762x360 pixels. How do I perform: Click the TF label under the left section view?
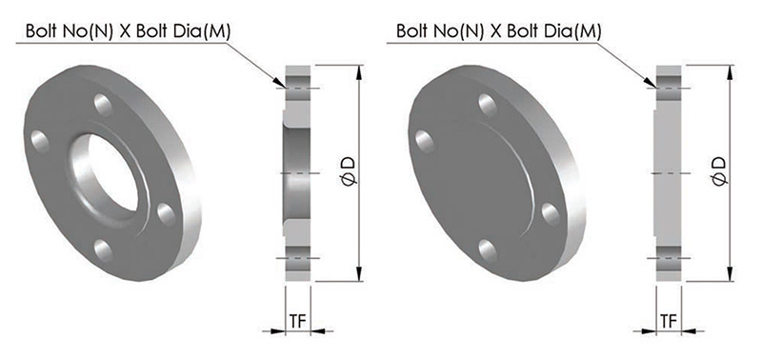(x=298, y=321)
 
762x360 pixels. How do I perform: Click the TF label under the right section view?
(x=670, y=321)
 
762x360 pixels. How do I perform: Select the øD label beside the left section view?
(x=351, y=170)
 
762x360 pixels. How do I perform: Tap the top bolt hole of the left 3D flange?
(x=103, y=105)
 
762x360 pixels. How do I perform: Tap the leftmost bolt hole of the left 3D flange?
(x=40, y=141)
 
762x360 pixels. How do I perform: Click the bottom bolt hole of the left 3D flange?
(x=103, y=250)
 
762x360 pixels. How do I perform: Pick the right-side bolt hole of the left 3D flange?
(x=166, y=214)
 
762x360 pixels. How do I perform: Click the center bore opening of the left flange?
(x=112, y=172)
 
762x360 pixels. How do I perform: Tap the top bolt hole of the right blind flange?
(x=488, y=105)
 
